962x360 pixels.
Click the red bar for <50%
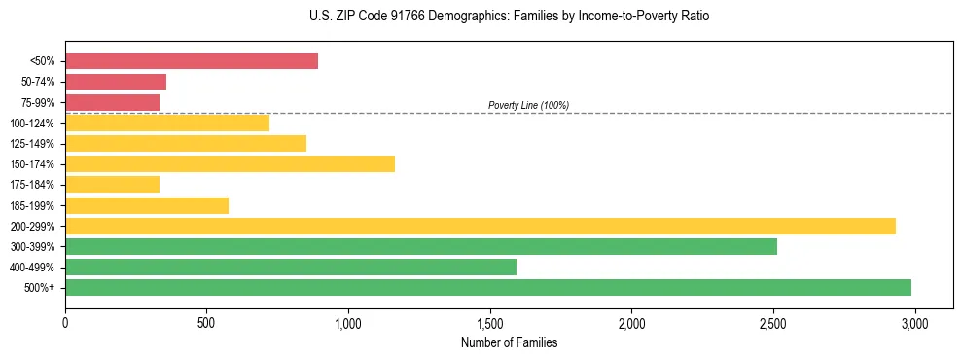[x=192, y=61]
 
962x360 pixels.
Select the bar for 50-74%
[x=116, y=82]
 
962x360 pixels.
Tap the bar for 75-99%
[x=112, y=102]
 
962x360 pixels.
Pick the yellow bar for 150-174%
[x=230, y=164]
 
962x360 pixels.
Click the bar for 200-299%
[x=481, y=226]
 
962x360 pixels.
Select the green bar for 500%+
[x=488, y=287]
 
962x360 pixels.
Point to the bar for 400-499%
[x=291, y=267]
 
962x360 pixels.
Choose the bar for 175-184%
[x=112, y=185]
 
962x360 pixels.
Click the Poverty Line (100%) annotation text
[x=528, y=105]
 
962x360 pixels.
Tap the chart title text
[x=481, y=17]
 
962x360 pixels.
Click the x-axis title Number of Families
[x=509, y=342]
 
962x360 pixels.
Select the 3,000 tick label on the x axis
[x=914, y=322]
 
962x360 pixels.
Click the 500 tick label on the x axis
[x=206, y=322]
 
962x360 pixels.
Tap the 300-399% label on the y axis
[x=32, y=247]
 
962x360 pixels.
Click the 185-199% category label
[x=32, y=206]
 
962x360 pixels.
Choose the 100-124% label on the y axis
[x=32, y=124]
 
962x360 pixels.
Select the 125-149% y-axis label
[x=32, y=144]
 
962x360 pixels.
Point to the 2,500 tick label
[x=772, y=322]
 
